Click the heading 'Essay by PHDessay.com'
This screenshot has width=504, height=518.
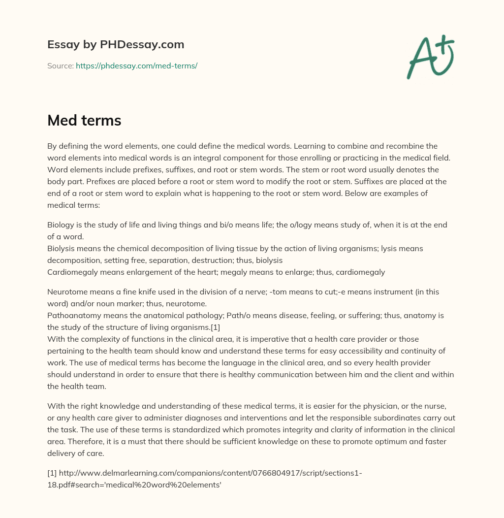coord(116,44)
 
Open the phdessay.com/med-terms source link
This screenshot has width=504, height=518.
coord(136,65)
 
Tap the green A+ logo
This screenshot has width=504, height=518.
coord(429,57)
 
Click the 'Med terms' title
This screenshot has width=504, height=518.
coord(84,120)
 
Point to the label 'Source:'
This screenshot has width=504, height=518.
coord(60,65)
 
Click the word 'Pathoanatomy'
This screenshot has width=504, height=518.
coord(71,315)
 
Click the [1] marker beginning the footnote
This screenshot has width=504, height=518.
coord(52,473)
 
